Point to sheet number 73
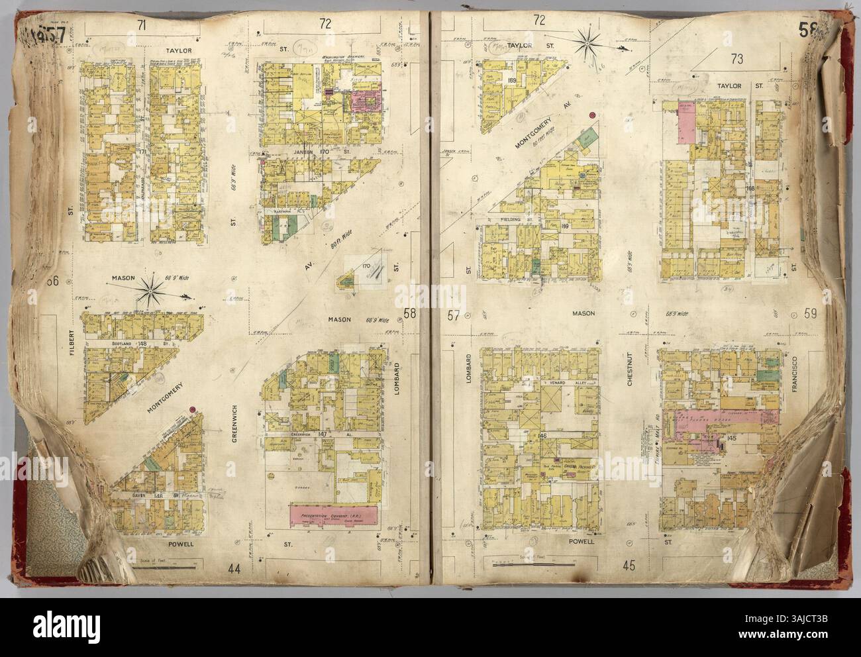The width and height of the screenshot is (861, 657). pos(736,58)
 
